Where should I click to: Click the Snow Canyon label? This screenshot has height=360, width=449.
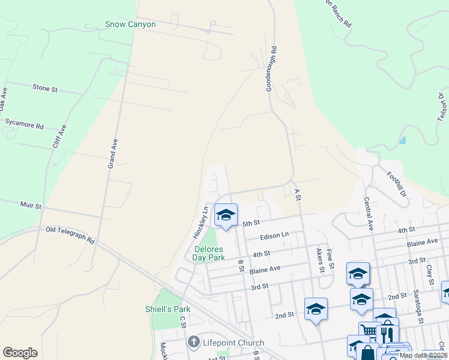tap(130, 25)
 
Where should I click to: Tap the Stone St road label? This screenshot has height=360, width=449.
tap(45, 88)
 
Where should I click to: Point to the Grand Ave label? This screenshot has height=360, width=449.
tap(112, 152)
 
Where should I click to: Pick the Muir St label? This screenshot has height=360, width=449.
tap(31, 206)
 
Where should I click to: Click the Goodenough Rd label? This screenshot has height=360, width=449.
tap(272, 69)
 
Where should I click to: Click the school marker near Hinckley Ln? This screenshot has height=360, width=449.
tap(226, 215)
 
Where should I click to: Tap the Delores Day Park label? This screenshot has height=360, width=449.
tap(208, 253)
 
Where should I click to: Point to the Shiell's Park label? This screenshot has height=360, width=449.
tap(167, 309)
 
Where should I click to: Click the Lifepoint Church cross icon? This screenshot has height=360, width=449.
tap(193, 343)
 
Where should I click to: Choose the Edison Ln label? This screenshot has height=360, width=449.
tap(274, 236)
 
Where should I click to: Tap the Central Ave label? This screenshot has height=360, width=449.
tap(367, 213)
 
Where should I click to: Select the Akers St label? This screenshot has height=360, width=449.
tap(321, 262)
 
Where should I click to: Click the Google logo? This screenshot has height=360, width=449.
tap(20, 353)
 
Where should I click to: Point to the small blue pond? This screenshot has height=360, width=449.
tap(402, 141)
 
